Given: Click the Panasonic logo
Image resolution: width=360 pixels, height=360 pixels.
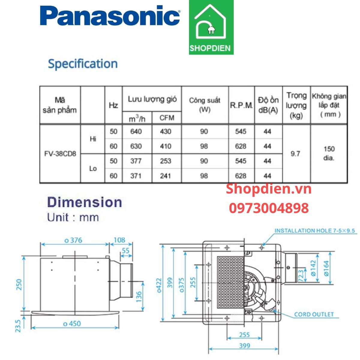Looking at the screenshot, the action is tap(110, 16).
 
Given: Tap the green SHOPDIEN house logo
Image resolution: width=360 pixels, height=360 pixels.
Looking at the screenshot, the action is tap(211, 28).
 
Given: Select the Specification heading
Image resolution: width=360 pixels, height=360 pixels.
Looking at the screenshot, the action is tap(83, 64).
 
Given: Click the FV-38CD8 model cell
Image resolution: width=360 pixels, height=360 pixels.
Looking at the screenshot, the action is tap(60, 154).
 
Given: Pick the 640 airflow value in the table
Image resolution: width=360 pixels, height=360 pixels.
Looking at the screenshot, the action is tap(136, 131).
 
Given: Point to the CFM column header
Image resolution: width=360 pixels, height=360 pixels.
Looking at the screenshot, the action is tap(167, 118).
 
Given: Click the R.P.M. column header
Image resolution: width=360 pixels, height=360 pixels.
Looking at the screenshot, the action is tap(241, 105).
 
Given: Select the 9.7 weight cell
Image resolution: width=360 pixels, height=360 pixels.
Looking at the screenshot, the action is tap(295, 154).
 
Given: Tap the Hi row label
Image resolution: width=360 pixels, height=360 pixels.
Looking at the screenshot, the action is tap(93, 139).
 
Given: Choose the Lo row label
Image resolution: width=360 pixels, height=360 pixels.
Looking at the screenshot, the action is tap(93, 168).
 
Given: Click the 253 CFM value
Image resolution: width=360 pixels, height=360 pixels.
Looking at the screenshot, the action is tap(165, 161).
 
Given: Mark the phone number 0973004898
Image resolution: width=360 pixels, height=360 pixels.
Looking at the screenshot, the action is tap(269, 208).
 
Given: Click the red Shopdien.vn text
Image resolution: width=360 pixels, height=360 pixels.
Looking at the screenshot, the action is tap(269, 189).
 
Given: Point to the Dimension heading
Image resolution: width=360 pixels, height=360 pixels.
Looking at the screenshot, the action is tap(85, 202).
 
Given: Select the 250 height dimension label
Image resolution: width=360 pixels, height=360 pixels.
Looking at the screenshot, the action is tap(19, 284).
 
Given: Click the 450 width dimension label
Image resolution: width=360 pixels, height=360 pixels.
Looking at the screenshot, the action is tap(72, 323).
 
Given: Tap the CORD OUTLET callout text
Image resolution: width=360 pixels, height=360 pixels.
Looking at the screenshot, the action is tap(314, 314).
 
